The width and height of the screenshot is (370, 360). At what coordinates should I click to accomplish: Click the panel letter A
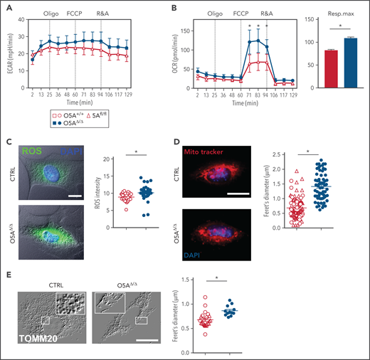click(x=6, y=7)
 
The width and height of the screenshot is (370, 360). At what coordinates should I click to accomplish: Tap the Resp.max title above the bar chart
click(x=339, y=14)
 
